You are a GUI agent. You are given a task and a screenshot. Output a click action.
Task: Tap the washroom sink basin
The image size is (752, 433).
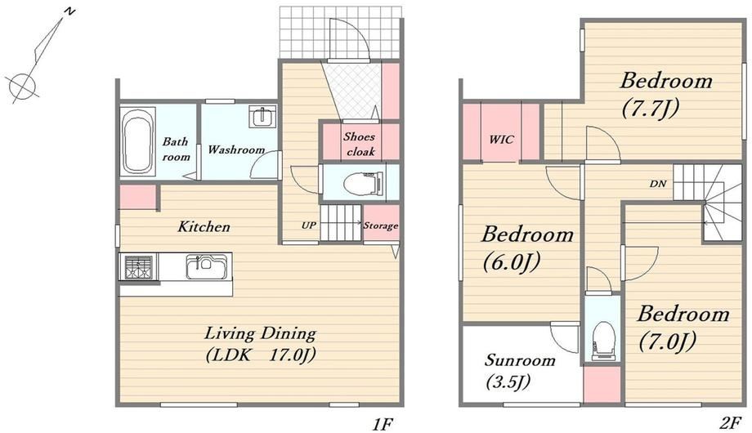[262, 117]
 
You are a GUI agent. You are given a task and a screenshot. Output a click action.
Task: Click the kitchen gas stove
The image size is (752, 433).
[139, 266]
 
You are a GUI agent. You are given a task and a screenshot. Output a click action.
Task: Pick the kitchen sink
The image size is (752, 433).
[207, 266]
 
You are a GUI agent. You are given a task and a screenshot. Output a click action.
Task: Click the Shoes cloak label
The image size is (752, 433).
[359, 144]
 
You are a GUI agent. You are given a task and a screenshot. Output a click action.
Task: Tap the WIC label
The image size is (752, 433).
[501, 140]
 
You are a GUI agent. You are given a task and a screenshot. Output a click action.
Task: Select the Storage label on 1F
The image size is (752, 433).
[380, 225]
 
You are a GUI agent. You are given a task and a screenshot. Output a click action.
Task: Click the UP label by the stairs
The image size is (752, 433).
[308, 225]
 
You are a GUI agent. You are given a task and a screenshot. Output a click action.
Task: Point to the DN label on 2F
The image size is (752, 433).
[658, 183]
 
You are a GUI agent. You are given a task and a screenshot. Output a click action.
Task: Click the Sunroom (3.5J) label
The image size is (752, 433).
[519, 371]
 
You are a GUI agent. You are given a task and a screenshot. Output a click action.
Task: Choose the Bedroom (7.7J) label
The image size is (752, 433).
[665, 94]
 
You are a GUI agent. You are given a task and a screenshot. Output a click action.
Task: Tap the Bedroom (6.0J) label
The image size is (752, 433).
[526, 248]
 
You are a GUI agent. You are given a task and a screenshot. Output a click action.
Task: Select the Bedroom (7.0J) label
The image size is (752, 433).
[683, 328]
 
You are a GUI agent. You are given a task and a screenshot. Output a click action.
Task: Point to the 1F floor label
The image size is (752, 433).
[383, 424]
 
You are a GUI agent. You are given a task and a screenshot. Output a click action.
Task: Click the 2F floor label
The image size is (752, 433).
[730, 423]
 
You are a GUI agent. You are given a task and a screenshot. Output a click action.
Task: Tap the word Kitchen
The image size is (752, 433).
[204, 226]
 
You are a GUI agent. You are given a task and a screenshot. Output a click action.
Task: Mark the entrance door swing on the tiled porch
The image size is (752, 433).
[349, 39]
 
